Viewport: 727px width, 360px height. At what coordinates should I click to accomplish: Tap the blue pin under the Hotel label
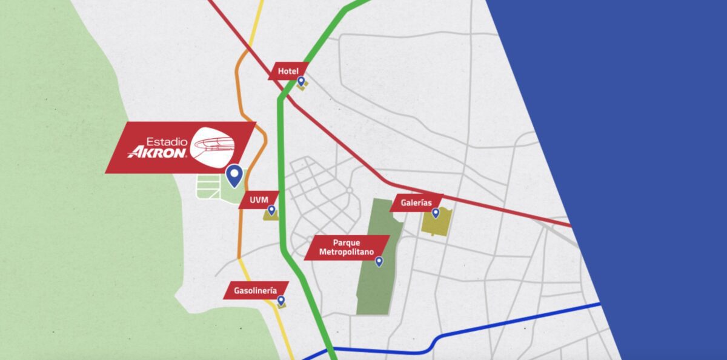click(300, 81)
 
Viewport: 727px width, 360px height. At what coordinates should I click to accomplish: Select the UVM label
click(258, 199)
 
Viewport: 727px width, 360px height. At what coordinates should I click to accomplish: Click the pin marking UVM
click(271, 210)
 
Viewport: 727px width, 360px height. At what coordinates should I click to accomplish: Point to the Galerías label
click(416, 202)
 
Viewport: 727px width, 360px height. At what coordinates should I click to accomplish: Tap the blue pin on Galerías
click(435, 213)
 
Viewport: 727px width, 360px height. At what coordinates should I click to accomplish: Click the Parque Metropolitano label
click(347, 247)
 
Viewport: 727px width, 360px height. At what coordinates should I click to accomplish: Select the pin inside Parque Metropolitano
click(379, 262)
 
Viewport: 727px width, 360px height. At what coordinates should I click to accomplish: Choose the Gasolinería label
click(254, 290)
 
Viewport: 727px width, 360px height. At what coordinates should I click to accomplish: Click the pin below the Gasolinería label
click(281, 301)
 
